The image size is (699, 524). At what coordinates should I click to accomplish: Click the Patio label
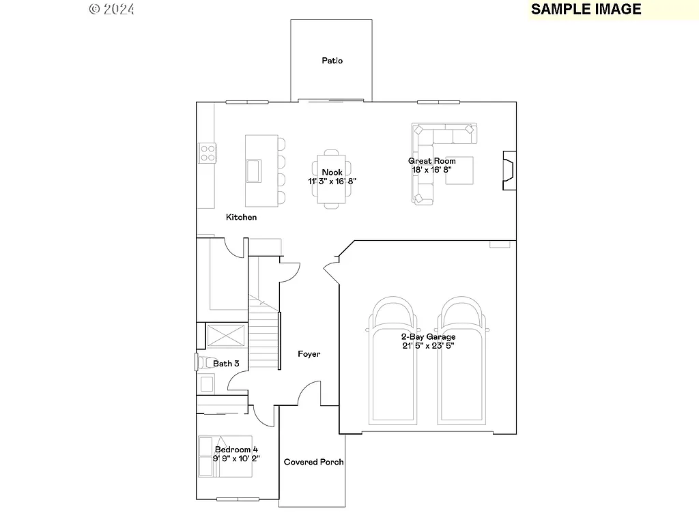[x=332, y=61]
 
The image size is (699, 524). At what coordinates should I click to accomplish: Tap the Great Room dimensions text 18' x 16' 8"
[x=431, y=170]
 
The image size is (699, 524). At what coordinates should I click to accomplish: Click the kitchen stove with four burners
[x=208, y=154]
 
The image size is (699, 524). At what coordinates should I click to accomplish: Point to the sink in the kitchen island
[x=253, y=170]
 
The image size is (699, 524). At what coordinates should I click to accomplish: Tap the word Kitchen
[x=242, y=217]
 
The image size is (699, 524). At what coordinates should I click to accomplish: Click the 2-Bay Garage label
[x=428, y=336]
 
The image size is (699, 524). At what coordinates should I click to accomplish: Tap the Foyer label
[x=309, y=354]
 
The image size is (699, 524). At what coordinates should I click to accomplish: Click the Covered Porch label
[x=313, y=462]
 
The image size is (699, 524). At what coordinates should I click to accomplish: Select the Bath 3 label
[x=226, y=364]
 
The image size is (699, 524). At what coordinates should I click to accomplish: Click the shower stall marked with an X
[x=226, y=336]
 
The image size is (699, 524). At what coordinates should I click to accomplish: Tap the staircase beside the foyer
[x=264, y=334]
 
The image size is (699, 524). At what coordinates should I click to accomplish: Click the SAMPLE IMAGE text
[x=586, y=9]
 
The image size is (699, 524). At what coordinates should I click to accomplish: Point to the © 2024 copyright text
[x=112, y=9]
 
